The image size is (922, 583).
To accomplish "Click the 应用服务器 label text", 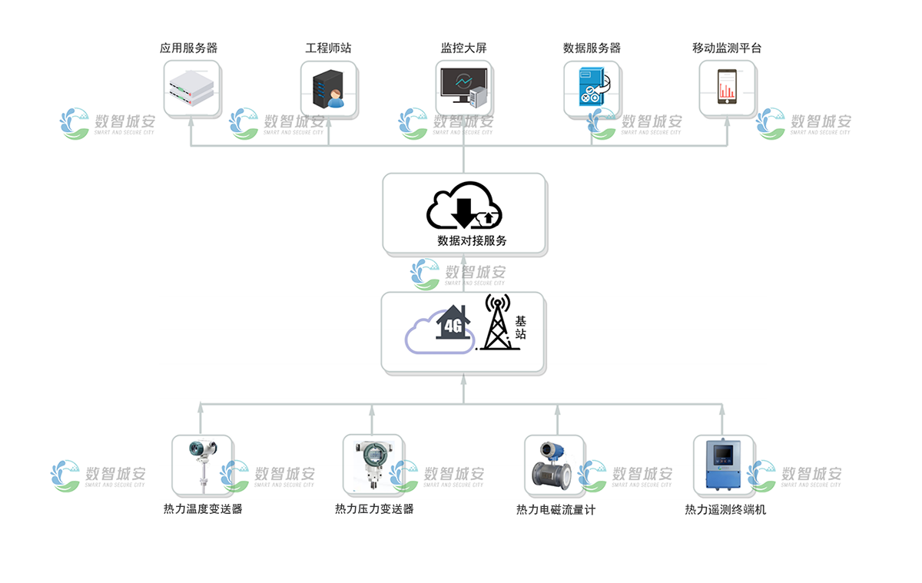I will tap(188, 48).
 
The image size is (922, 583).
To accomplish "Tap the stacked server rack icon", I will tap(190, 86).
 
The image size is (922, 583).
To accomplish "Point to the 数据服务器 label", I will tap(592, 48).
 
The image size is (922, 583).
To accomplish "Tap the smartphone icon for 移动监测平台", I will tap(727, 87).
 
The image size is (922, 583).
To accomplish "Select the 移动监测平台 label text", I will tap(727, 48).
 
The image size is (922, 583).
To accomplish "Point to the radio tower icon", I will tap(497, 323).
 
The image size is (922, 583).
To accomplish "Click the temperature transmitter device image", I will tap(201, 465).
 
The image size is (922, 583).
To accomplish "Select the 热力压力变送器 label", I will tap(374, 508).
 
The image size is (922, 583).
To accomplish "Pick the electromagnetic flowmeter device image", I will tap(553, 465).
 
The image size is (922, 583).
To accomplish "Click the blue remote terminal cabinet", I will tap(722, 464).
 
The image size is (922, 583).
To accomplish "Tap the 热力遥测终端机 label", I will tap(725, 509).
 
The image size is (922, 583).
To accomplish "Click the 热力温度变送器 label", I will tap(203, 508).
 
